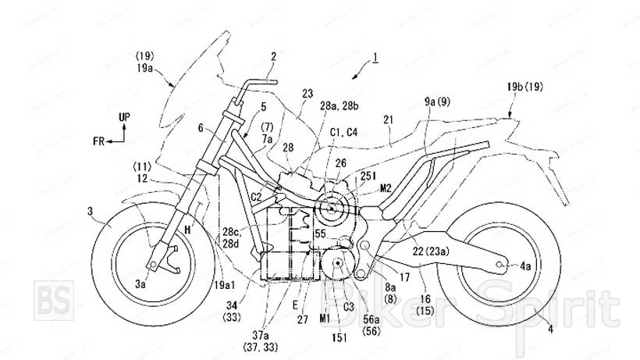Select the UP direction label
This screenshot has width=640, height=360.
123,117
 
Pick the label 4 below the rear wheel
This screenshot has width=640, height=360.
551,330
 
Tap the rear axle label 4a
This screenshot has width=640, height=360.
528,266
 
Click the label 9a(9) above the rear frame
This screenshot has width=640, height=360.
437,102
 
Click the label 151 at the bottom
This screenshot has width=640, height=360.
340,337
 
